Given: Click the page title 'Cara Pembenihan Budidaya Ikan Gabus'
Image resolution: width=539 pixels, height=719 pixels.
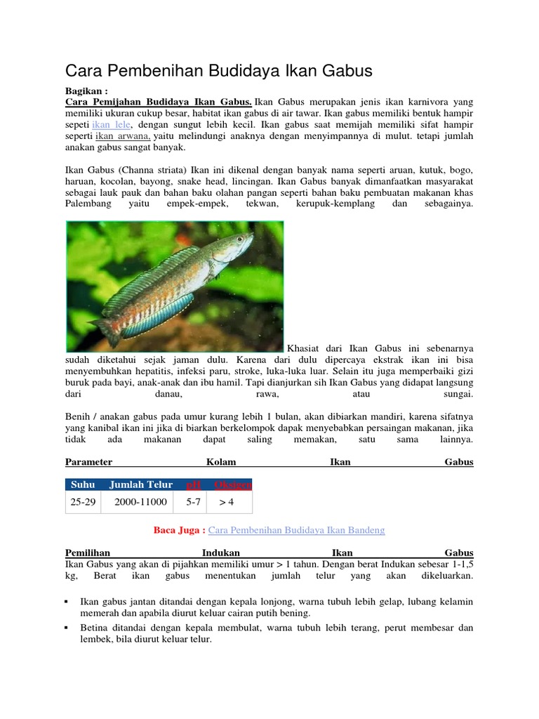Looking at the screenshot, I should pyautogui.click(x=218, y=70).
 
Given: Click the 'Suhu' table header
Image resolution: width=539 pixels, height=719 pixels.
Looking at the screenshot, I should pyautogui.click(x=83, y=484).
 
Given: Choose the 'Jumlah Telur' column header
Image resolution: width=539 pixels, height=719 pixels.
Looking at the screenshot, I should pyautogui.click(x=141, y=484).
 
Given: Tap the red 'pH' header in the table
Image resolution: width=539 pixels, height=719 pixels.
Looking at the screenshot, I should pyautogui.click(x=193, y=484).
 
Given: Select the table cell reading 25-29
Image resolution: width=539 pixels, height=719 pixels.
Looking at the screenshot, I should pyautogui.click(x=84, y=502).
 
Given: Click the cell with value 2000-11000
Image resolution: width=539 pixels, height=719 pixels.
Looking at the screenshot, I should pyautogui.click(x=141, y=502).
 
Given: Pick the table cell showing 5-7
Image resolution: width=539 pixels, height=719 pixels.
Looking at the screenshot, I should pyautogui.click(x=193, y=502).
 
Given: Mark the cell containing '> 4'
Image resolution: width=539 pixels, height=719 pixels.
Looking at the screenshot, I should pyautogui.click(x=226, y=502).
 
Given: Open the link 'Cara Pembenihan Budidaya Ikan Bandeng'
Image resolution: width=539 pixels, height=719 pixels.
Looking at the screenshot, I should pyautogui.click(x=297, y=530).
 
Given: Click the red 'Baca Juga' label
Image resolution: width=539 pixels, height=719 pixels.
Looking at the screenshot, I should pyautogui.click(x=179, y=530).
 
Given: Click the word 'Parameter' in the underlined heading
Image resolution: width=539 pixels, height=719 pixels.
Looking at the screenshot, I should pyautogui.click(x=89, y=462).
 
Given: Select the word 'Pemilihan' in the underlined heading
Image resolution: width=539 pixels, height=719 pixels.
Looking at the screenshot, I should pyautogui.click(x=88, y=553).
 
